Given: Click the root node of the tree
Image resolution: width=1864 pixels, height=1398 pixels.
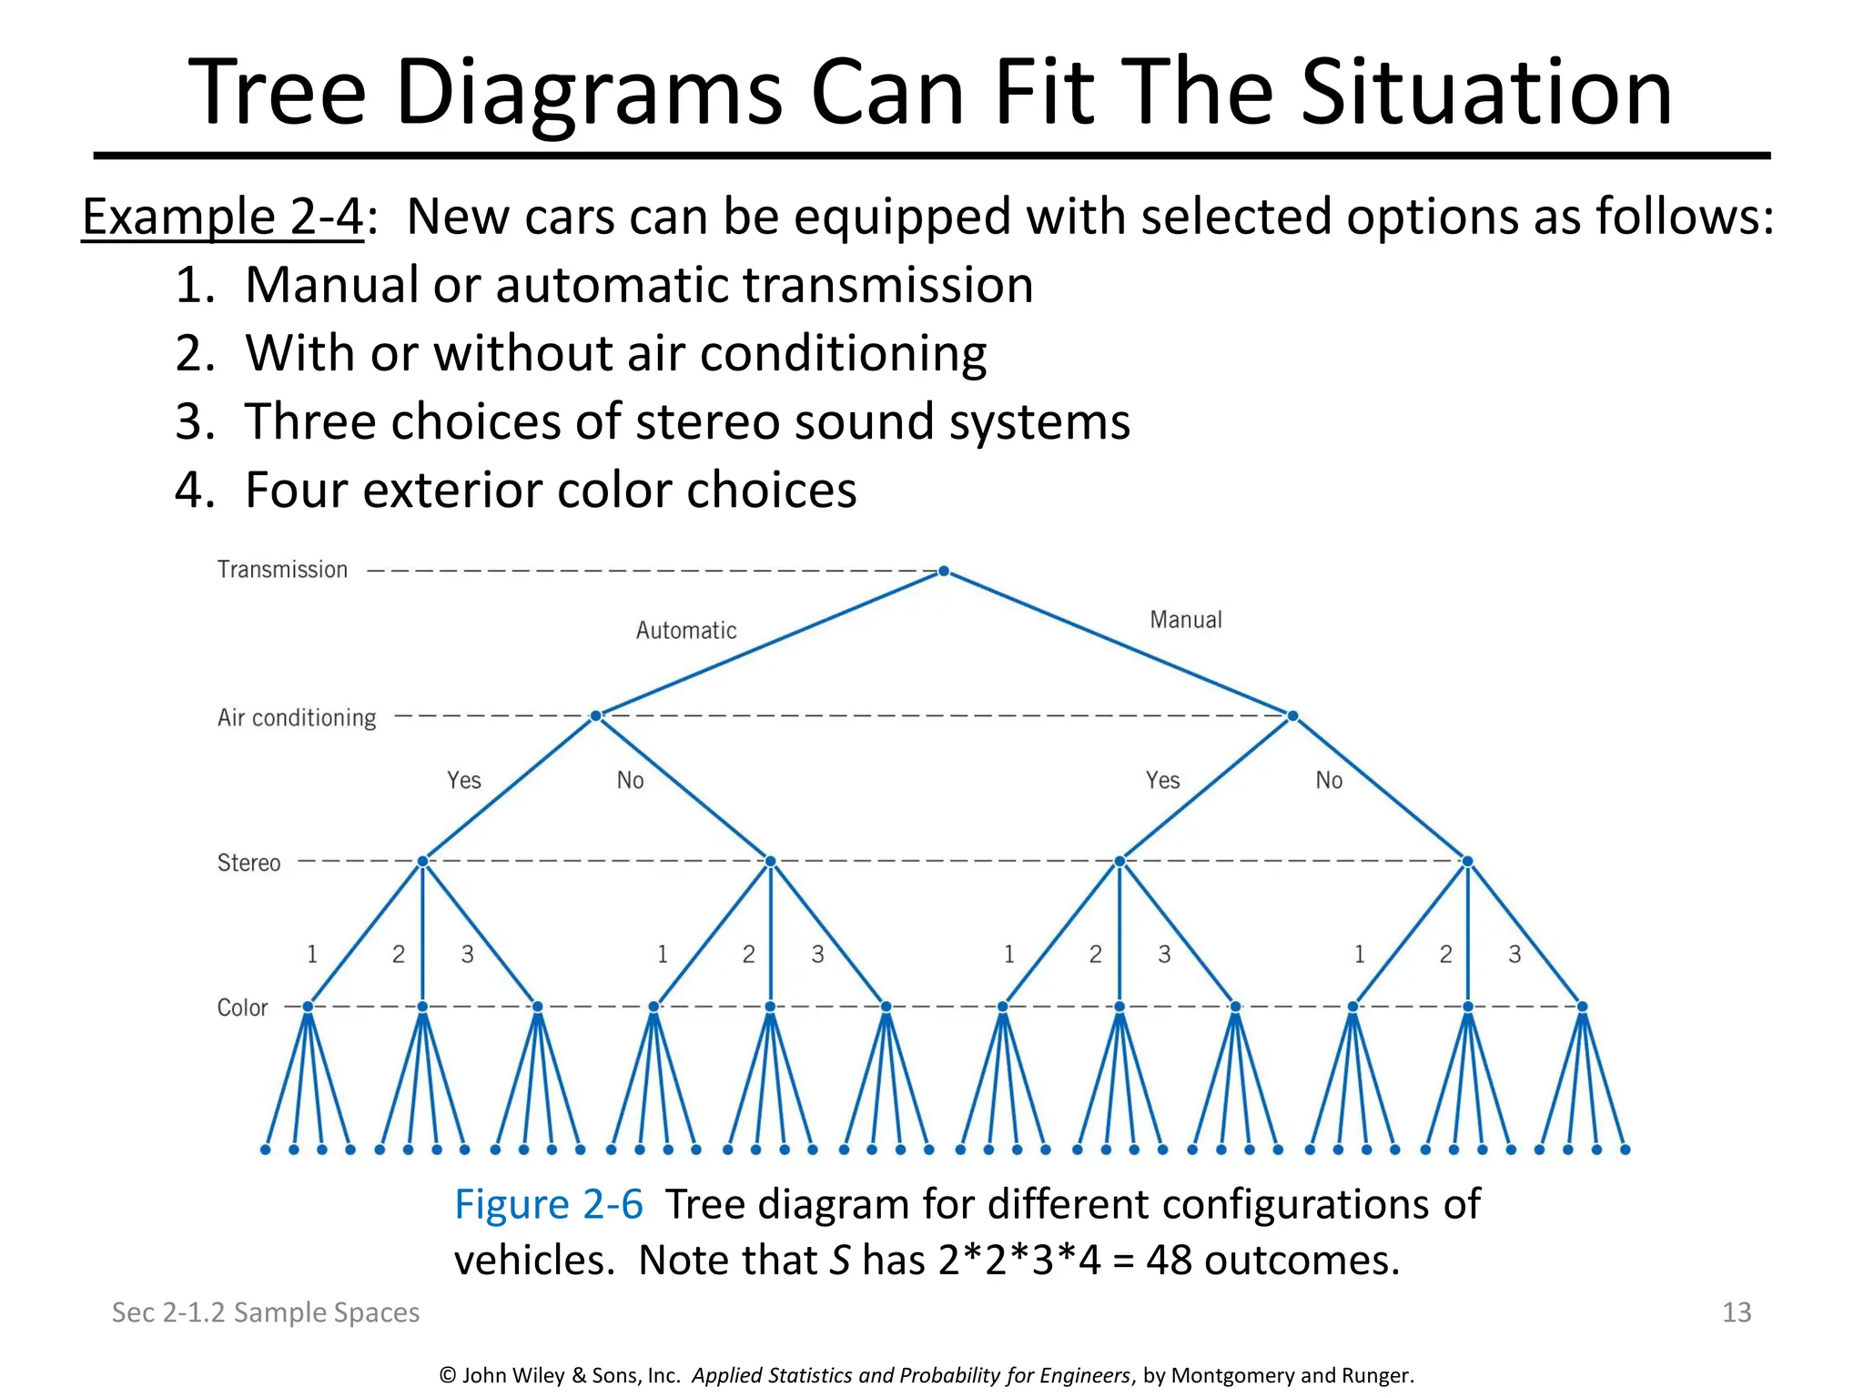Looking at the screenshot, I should point(944,572).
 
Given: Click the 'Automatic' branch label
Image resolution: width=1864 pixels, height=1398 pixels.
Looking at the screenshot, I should point(686,630).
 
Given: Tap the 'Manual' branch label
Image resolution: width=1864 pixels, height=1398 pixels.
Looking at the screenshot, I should point(1185,620).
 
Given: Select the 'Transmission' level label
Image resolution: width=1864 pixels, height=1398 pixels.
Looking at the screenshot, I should point(282,570).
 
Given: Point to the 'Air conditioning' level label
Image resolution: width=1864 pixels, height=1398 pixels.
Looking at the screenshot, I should point(297,718).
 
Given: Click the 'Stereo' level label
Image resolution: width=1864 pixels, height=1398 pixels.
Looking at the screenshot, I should point(248,863).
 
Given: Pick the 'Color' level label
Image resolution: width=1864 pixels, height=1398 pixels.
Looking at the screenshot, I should point(242,1008).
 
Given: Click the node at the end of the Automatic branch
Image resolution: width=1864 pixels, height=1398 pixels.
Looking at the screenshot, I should point(595,716).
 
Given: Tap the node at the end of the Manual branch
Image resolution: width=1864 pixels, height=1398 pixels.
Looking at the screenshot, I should point(1292,716).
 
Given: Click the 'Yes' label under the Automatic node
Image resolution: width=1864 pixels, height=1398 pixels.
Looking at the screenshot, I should point(463,780).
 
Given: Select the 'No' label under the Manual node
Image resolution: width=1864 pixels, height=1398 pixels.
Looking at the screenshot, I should point(1329,780).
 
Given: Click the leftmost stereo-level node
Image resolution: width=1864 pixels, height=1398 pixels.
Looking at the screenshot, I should point(422,861).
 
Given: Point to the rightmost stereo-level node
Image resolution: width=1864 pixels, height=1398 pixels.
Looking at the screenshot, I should point(1467,861).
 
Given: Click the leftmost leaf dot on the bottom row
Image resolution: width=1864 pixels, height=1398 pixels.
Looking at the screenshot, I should point(266,1150).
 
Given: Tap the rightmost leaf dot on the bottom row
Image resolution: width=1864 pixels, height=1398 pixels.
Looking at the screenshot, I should point(1626,1150).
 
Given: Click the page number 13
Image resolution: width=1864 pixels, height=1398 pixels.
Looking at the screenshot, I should point(1737,1312).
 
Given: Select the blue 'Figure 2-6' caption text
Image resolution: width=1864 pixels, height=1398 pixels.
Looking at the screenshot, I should point(549,1204).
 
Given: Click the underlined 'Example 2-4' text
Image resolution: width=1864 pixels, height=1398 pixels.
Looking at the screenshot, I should point(223,217).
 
